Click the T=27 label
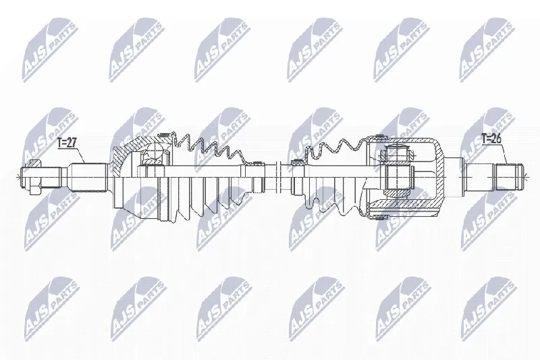[66, 143]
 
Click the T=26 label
[491, 139]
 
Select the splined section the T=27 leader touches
[88, 177]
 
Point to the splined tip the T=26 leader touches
[509, 177]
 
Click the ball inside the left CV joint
[154, 152]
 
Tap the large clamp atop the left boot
[165, 134]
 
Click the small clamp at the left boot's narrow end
[256, 163]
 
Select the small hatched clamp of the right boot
[295, 161]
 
